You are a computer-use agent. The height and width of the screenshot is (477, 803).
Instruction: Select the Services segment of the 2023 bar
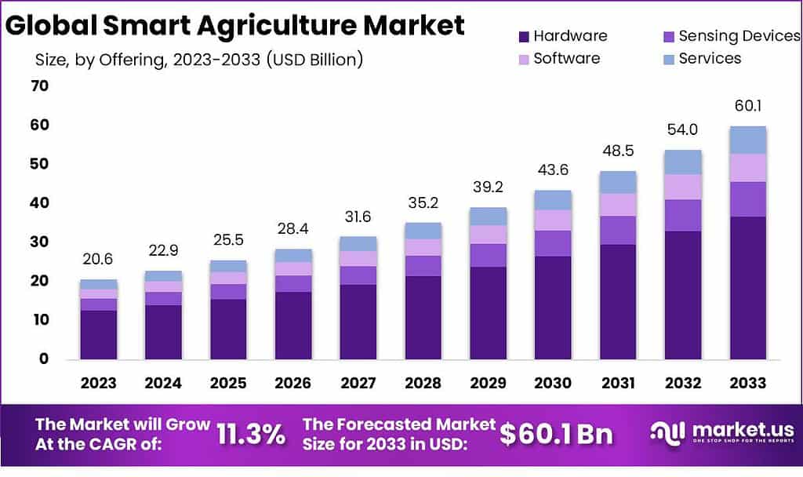tap(98, 284)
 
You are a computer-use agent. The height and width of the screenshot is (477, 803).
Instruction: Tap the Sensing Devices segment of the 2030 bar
tap(553, 243)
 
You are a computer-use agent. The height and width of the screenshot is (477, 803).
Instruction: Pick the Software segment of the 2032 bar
tap(682, 187)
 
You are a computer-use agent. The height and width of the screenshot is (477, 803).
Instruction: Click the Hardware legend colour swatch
tap(524, 36)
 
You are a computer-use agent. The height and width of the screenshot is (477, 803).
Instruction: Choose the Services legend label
tap(710, 58)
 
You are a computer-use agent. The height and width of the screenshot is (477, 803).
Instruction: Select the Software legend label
tap(566, 58)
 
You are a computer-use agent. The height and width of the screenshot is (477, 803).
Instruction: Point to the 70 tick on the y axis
tap(39, 86)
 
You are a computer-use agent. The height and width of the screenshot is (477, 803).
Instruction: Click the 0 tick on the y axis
tap(44, 359)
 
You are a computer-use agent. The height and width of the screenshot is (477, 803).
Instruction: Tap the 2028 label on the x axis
tap(423, 383)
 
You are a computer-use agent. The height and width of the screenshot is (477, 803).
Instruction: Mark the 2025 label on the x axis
tap(228, 383)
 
